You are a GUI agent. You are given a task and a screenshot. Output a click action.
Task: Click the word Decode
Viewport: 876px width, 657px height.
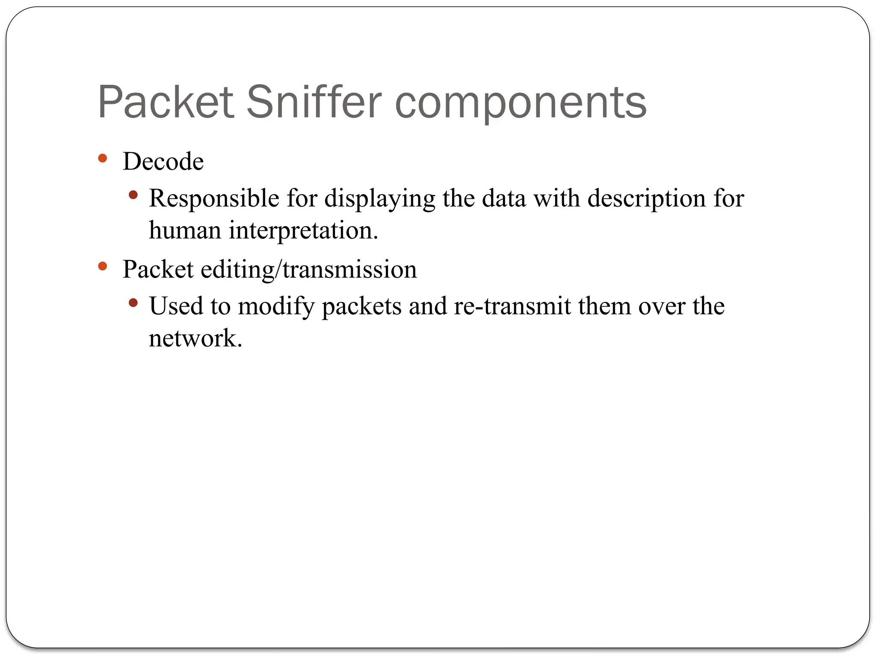pyautogui.click(x=163, y=161)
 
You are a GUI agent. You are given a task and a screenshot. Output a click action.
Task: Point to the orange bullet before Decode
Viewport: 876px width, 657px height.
pyautogui.click(x=102, y=158)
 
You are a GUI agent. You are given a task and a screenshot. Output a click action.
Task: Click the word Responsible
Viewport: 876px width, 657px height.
pyautogui.click(x=214, y=198)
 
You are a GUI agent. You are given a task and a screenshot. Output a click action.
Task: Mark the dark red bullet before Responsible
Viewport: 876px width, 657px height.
pyautogui.click(x=133, y=195)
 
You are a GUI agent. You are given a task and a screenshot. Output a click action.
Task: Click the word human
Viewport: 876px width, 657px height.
pyautogui.click(x=185, y=230)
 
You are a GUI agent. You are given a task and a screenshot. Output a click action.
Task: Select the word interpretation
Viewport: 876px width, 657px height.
pyautogui.click(x=303, y=231)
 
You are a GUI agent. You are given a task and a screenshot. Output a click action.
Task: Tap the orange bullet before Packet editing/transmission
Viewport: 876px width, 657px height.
pyautogui.click(x=102, y=266)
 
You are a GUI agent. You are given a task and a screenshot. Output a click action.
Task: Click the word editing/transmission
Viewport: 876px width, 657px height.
pyautogui.click(x=308, y=269)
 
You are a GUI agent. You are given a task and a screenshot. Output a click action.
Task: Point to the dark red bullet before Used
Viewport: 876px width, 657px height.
pyautogui.click(x=133, y=303)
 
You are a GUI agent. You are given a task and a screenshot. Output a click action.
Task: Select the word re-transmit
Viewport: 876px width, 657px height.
pyautogui.click(x=512, y=306)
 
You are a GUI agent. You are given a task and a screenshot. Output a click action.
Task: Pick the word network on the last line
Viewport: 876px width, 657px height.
pyautogui.click(x=195, y=338)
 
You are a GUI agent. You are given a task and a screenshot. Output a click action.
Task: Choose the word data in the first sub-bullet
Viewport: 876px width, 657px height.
pyautogui.click(x=504, y=198)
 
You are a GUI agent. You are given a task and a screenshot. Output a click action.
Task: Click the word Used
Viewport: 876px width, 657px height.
pyautogui.click(x=176, y=306)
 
